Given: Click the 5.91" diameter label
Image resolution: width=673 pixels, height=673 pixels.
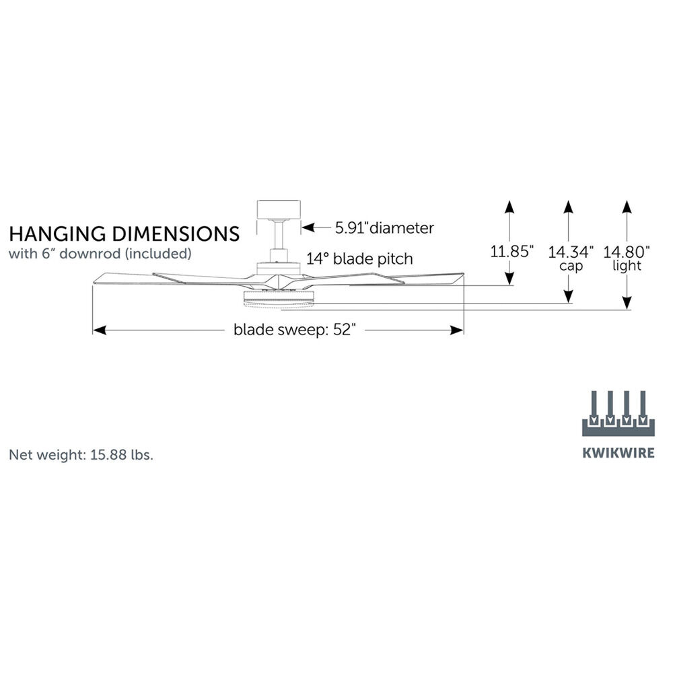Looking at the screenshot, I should tap(384, 227).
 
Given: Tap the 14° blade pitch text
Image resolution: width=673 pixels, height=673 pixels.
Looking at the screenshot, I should tap(359, 258).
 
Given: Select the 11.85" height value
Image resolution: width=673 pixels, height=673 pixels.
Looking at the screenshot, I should tap(511, 252).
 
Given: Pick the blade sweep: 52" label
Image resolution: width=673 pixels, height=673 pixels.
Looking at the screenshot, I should tap(294, 330).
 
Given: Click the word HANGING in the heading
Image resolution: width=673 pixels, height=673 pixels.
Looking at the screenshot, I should tap(54, 234).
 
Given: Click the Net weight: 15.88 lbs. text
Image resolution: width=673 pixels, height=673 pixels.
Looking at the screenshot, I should tap(81, 454).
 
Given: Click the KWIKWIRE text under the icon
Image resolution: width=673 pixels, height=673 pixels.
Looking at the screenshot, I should tap(618, 452).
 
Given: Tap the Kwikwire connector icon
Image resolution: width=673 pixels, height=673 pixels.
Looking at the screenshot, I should tap(618, 412).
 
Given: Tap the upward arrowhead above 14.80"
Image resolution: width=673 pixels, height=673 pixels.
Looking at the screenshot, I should tap(627, 206).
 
